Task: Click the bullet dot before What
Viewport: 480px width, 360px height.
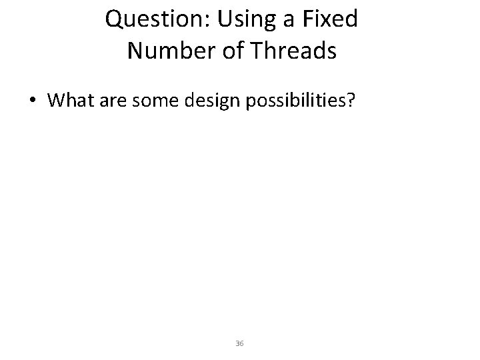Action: tap(33, 101)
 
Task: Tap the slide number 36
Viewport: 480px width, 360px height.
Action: tap(240, 343)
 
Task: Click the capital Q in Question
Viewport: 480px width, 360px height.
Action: tap(115, 20)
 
